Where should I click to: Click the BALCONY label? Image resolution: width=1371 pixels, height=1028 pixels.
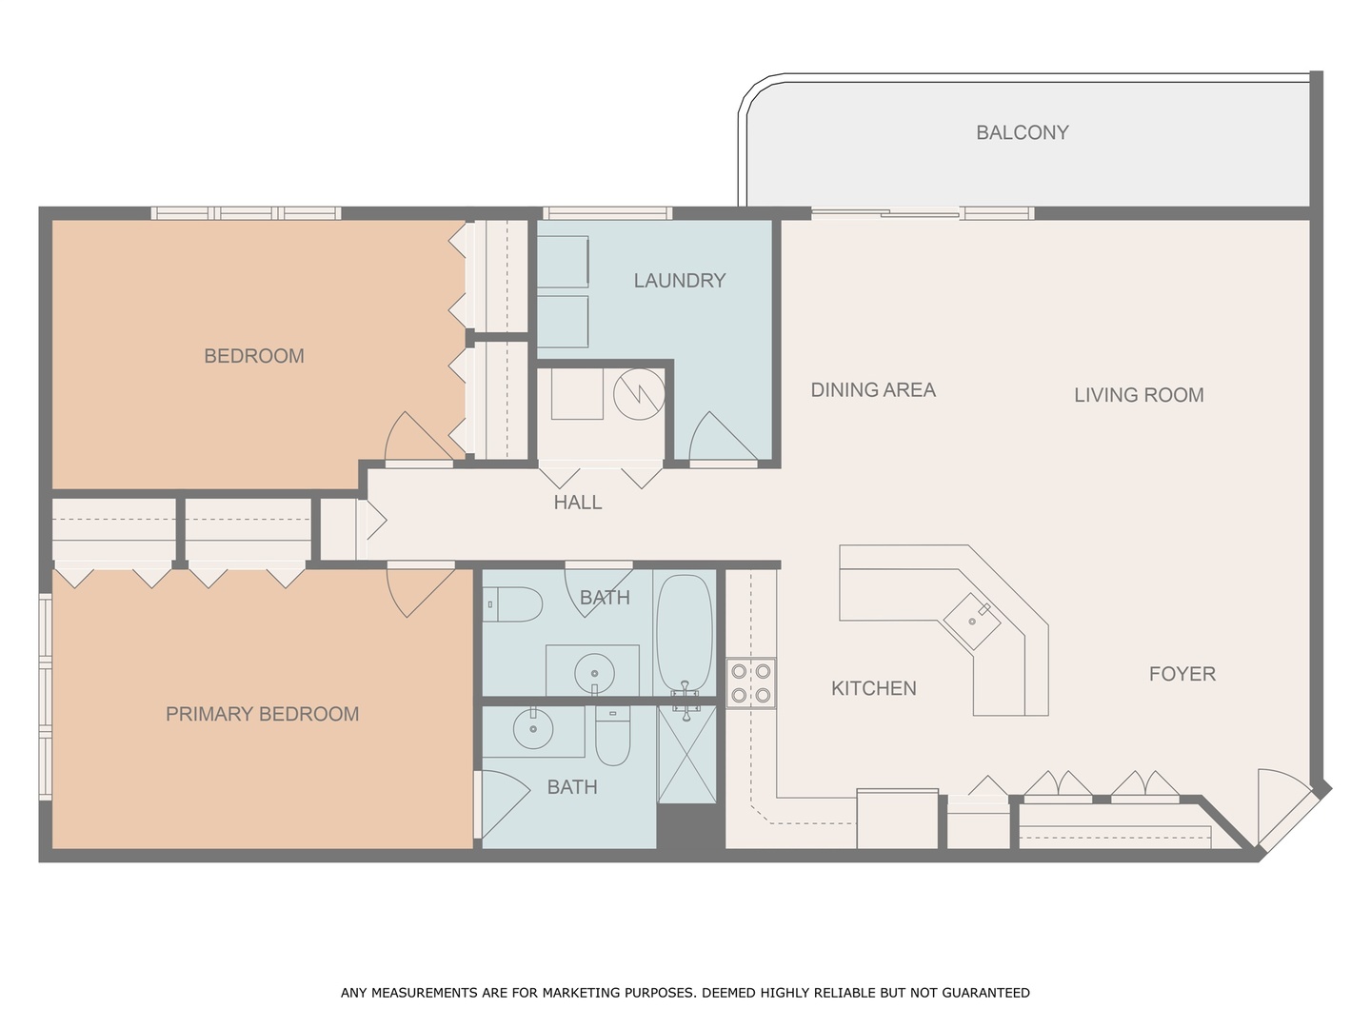(1022, 132)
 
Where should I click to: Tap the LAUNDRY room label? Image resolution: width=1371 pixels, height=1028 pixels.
(680, 281)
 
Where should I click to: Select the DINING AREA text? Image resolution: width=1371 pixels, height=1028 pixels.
(873, 390)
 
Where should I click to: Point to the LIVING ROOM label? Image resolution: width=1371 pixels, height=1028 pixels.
(1139, 395)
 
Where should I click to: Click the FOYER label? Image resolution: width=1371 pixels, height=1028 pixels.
(1182, 674)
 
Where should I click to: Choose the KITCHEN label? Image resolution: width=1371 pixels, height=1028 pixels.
(874, 688)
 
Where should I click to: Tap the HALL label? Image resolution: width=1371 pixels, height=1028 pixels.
(578, 503)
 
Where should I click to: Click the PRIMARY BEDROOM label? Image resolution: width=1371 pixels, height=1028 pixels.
(263, 714)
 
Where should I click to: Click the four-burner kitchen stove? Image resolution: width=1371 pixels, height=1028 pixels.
(751, 683)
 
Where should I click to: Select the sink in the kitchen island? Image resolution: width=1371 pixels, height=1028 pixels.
(972, 622)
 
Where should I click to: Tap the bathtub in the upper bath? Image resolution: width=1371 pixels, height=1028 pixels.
(685, 634)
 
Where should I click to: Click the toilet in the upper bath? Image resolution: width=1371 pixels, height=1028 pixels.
(513, 604)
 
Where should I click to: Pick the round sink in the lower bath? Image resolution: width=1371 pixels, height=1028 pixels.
(533, 728)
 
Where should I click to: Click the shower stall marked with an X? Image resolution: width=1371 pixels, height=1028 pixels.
(687, 755)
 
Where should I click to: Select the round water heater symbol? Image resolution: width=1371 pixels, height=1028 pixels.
(639, 394)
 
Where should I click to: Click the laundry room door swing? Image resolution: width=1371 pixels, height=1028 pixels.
(723, 437)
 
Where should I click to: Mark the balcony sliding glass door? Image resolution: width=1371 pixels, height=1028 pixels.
(923, 213)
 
